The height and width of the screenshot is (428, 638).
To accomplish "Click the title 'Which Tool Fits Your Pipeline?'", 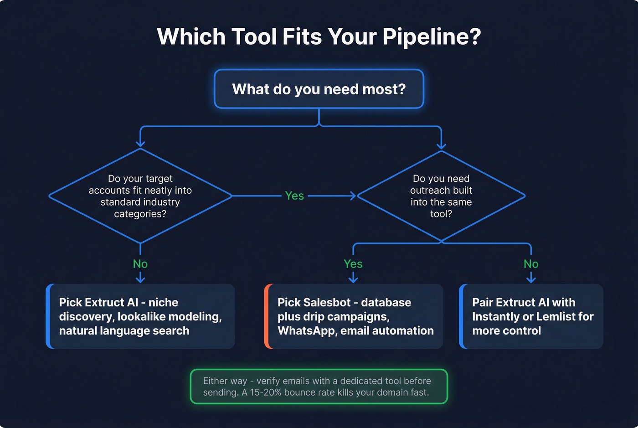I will coord(319,36).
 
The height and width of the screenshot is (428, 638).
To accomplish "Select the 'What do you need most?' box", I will coord(319,89).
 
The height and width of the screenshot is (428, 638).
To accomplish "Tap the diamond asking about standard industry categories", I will coord(140,196).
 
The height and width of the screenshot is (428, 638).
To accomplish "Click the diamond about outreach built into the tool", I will coord(441,196).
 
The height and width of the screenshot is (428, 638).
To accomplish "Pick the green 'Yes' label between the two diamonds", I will coord(294,196).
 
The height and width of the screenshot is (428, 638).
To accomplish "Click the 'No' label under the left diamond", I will coord(140,264).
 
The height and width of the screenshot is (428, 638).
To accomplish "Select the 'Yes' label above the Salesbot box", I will coord(353,264).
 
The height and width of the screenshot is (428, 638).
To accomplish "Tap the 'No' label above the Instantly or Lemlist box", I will coord(531,264).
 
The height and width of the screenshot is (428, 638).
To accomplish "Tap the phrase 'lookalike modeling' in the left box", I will coord(169,317).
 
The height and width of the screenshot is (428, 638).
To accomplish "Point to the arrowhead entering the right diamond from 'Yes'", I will coord(353,196).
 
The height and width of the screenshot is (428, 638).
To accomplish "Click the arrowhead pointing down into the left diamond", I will coord(140,144).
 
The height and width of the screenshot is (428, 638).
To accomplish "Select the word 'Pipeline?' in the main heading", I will coord(432,36).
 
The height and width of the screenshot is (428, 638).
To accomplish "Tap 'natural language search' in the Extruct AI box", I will coord(124,331).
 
